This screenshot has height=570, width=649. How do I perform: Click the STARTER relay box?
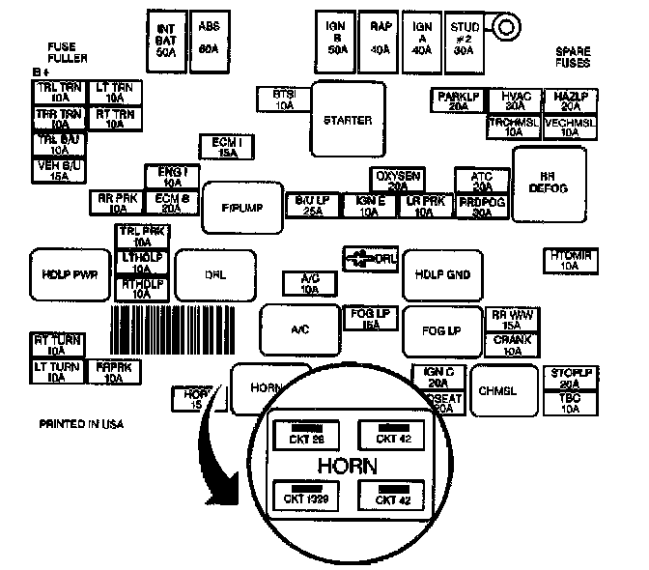pos(348,120)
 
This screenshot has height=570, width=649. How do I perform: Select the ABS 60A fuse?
pos(208,36)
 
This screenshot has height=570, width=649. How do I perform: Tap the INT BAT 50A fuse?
pos(165,38)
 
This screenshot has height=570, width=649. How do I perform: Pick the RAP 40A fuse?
pos(381,36)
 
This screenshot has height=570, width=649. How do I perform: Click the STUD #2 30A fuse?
pos(465,36)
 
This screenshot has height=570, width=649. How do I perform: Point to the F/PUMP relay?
pos(242,207)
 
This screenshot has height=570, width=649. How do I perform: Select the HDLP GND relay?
pos(442,274)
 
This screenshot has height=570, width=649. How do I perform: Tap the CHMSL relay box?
pos(502,390)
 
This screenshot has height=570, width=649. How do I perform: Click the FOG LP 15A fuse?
pos(368,318)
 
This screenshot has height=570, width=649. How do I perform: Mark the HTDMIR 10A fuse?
pos(569,260)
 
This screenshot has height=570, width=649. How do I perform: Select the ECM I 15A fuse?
pos(225,146)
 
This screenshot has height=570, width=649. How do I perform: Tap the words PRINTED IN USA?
pos(82,423)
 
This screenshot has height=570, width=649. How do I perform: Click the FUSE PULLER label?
pos(67,52)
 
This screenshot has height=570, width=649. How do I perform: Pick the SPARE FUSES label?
pos(573,56)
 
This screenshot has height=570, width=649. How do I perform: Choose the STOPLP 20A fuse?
pos(570,378)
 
